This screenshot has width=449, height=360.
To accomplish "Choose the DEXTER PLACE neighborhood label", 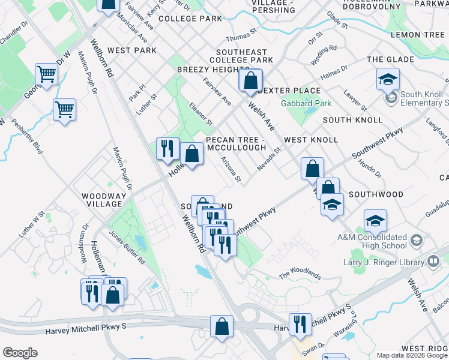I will (289, 91).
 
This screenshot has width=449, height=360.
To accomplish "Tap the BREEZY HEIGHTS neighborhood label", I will (209, 70).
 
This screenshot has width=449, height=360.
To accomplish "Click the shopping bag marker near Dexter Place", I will (250, 80).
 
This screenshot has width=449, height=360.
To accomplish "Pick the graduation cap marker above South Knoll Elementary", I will (388, 79).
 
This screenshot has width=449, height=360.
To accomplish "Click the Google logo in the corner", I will (20, 353).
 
